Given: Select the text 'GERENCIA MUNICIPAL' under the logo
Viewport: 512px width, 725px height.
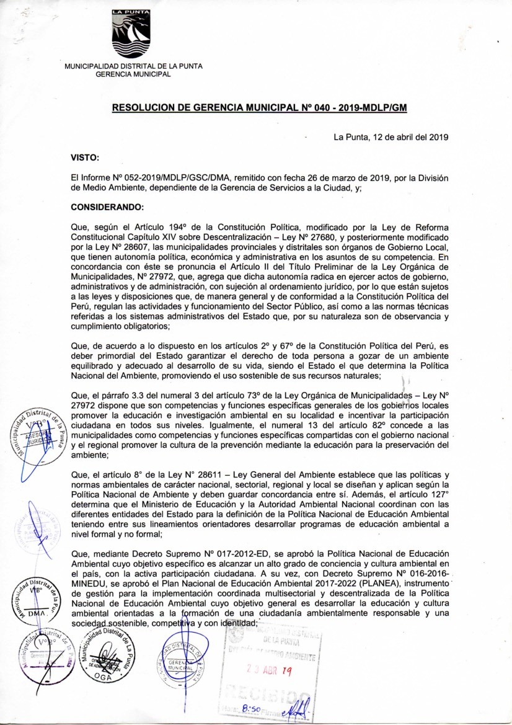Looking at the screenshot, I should coord(133,74).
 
